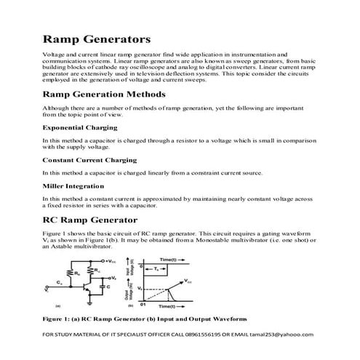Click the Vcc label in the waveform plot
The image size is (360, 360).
[188, 281]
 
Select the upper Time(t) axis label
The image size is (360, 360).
[169, 260]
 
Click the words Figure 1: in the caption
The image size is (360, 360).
[61, 319]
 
